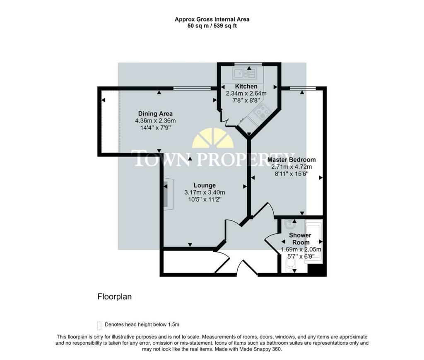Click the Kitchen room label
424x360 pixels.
(246, 86)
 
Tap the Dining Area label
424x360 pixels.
(155, 113)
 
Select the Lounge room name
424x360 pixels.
(205, 185)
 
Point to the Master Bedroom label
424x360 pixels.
(291, 159)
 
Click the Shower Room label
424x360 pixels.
(301, 239)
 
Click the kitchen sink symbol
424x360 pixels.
(244, 74)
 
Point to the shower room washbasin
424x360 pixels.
(290, 224)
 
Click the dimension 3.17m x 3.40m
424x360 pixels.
(205, 192)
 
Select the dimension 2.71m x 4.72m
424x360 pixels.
(291, 166)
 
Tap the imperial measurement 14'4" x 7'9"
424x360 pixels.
(155, 127)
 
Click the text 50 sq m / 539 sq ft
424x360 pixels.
(212, 26)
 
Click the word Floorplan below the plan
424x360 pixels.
(114, 297)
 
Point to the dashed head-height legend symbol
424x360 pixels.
(99, 326)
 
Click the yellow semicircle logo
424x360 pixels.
(213, 138)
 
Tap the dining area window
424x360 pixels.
(192, 88)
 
